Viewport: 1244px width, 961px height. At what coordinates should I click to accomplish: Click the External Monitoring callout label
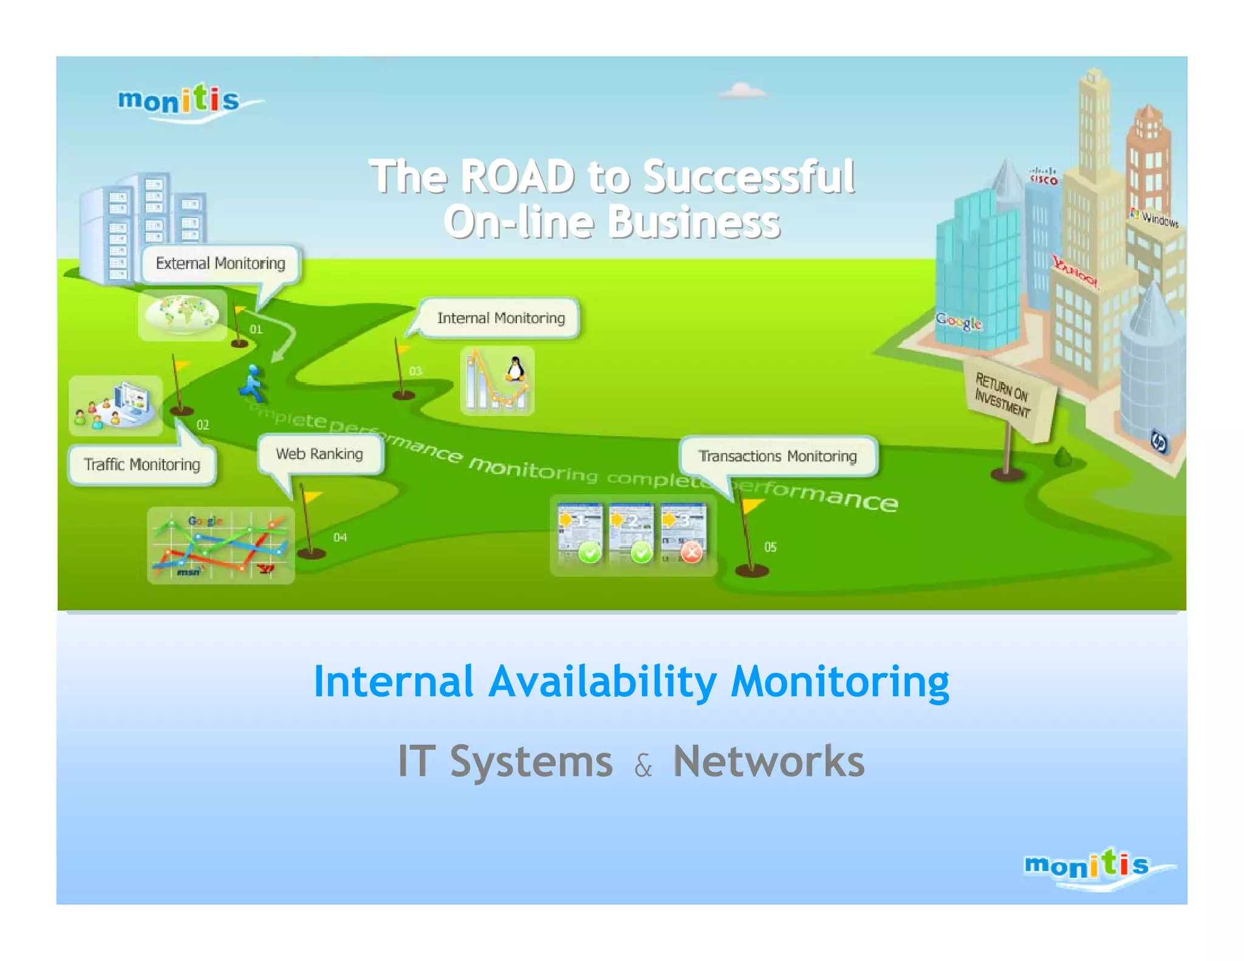click(220, 263)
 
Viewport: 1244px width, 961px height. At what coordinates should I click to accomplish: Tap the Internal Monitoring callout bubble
click(501, 318)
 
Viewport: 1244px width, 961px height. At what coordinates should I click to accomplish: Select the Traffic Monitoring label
click(142, 465)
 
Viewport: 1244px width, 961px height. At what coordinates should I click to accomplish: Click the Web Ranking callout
click(320, 454)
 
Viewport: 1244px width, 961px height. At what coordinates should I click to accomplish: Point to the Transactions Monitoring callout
click(777, 456)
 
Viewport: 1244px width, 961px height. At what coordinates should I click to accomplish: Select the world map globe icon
click(182, 314)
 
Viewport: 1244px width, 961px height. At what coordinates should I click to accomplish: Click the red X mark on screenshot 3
click(691, 552)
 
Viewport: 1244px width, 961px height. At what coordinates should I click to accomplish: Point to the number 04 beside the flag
click(340, 538)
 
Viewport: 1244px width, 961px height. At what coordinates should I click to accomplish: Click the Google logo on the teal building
click(959, 321)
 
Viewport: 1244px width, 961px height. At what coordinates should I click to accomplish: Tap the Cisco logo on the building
click(1044, 177)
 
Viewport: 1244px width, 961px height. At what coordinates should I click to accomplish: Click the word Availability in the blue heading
click(603, 681)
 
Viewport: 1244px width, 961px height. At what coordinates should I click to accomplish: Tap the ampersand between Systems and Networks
click(643, 766)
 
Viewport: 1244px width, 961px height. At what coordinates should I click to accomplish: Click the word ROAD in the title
click(517, 177)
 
